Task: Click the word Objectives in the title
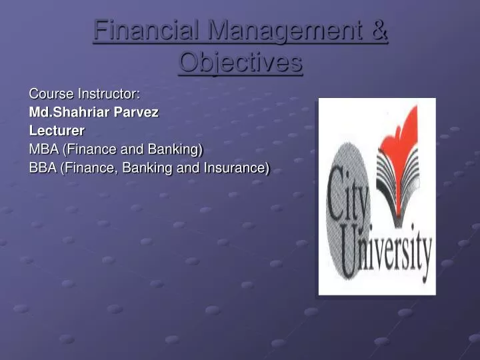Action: click(x=241, y=63)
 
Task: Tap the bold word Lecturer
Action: click(x=57, y=131)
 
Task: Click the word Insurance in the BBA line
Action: click(x=236, y=168)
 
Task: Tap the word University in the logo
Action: click(x=387, y=253)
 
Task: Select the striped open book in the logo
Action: click(x=397, y=173)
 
